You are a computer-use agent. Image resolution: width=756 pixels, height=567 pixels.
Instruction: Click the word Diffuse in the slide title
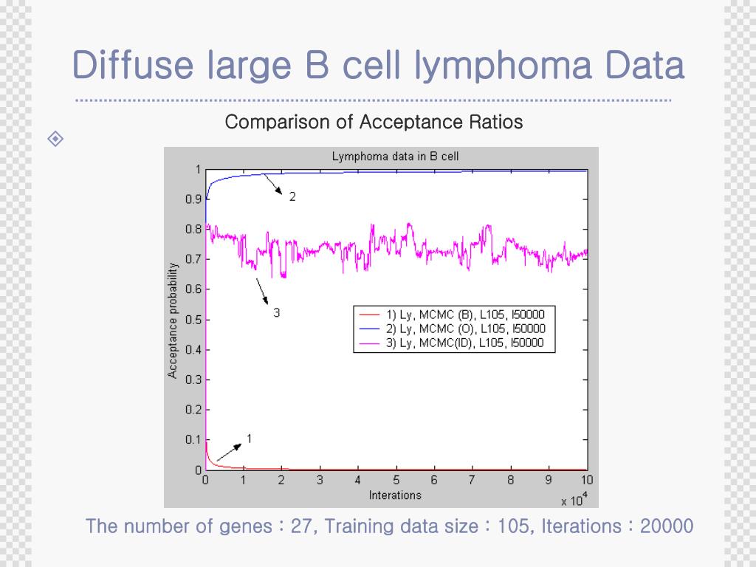[x=132, y=66]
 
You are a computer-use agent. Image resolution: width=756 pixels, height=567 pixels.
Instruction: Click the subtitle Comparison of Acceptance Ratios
[x=374, y=122]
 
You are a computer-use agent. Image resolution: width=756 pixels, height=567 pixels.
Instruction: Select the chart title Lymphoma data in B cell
[x=395, y=157]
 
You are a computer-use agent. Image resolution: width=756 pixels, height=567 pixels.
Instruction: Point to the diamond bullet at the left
[x=56, y=138]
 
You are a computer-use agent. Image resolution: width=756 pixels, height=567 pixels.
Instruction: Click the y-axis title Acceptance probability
[x=173, y=320]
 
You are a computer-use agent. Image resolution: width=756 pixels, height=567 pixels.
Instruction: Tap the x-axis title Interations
[x=395, y=495]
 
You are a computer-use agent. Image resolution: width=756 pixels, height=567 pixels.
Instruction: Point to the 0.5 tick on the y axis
[x=193, y=320]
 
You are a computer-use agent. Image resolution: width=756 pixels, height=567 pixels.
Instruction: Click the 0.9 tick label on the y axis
[x=193, y=199]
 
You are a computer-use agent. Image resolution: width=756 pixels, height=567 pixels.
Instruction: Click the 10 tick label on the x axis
[x=587, y=481]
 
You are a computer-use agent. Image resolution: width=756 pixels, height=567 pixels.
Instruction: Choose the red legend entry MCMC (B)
[x=465, y=314]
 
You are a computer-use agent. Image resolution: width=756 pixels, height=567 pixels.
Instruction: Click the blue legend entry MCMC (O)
[x=465, y=329]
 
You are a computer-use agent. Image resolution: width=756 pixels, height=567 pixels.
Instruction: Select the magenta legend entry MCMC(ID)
[x=465, y=343]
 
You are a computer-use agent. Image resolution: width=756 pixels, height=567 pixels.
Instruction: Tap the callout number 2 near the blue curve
[x=292, y=197]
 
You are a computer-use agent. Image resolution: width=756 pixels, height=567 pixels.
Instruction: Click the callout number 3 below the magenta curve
[x=276, y=313]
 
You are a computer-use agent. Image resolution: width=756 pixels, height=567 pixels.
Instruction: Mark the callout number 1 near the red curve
[x=249, y=439]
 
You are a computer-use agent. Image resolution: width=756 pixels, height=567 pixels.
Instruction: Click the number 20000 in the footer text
[x=667, y=526]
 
